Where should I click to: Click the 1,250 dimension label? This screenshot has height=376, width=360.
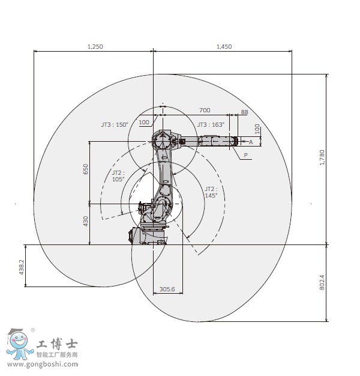tap(95, 46)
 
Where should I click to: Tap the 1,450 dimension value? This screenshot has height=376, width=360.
tap(224, 46)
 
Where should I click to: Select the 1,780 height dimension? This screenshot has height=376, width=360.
tap(322, 157)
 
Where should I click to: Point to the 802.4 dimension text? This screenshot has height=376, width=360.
tap(322, 282)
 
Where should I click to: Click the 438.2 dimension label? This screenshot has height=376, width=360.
tap(22, 267)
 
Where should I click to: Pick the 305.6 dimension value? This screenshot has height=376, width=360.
tap(167, 289)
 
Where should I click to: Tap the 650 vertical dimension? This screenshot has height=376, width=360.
tap(86, 169)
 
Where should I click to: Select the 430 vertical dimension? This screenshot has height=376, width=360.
tap(86, 221)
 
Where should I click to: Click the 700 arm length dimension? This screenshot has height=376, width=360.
tap(205, 111)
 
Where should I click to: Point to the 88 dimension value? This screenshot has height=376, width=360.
tap(245, 112)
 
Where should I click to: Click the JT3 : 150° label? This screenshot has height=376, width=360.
tap(115, 125)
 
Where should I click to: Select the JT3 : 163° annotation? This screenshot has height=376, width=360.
tap(211, 125)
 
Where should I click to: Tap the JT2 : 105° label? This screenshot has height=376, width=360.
tap(118, 176)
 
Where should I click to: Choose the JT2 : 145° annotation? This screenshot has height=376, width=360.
tap(211, 192)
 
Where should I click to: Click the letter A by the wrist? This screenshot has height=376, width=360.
tap(251, 142)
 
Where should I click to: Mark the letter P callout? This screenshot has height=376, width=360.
tap(246, 155)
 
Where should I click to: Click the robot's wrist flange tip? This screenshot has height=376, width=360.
tap(236, 141)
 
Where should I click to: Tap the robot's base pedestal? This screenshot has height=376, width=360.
tap(148, 236)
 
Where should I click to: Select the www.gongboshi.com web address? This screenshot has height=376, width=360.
tap(43, 365)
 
